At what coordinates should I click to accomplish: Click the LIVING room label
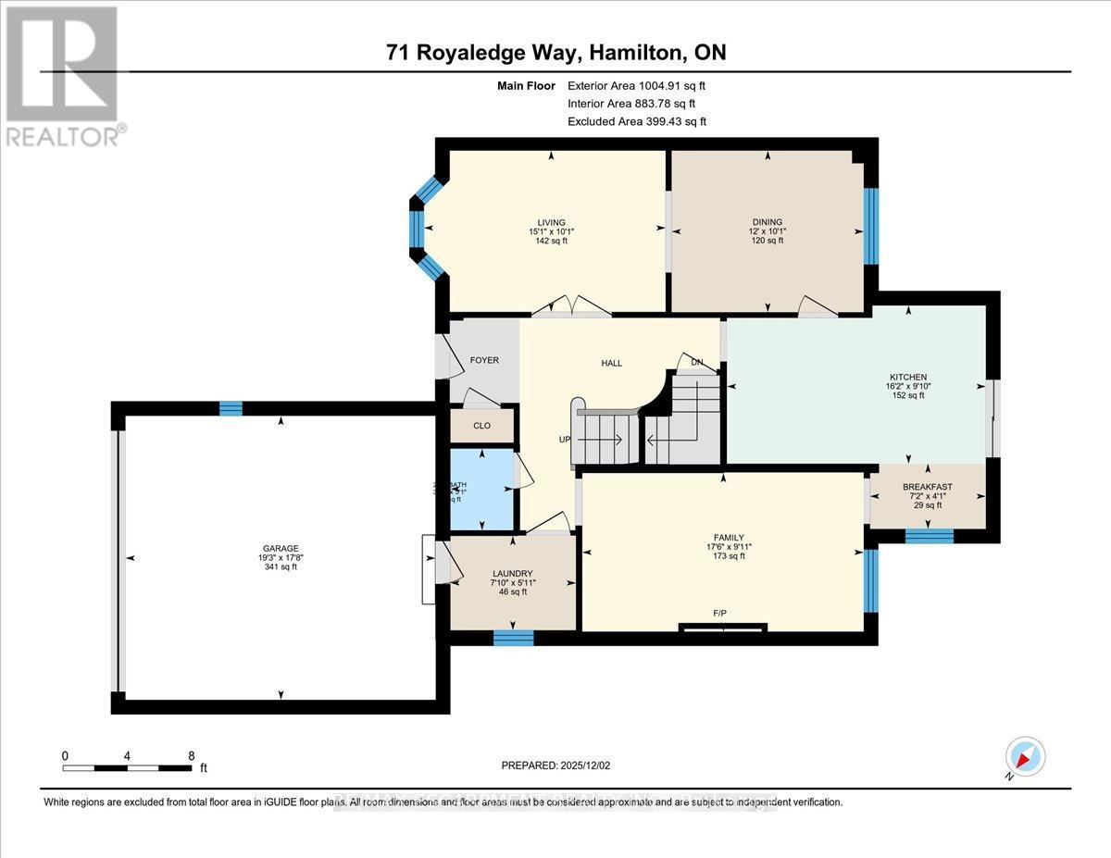546,222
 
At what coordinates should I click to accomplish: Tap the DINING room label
767,222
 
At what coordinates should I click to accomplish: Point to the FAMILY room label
729,538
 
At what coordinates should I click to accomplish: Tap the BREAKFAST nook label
927,487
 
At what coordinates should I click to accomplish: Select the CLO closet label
481,427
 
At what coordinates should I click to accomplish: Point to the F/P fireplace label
720,614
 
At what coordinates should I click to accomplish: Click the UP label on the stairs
564,440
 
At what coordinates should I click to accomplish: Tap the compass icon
1024,756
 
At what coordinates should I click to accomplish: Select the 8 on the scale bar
190,755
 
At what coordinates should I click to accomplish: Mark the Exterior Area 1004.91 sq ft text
642,86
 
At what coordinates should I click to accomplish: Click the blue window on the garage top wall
231,408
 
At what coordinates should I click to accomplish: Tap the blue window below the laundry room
513,637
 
